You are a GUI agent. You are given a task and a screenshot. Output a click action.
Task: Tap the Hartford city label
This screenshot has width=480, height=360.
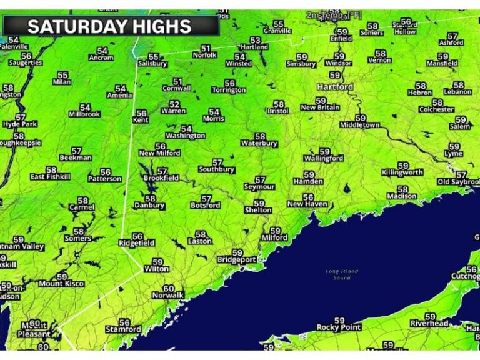pos(334,86)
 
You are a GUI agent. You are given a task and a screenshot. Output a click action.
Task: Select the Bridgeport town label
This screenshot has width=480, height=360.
pos(236,259)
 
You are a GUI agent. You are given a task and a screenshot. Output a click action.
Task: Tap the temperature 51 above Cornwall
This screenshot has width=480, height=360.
pos(178,81)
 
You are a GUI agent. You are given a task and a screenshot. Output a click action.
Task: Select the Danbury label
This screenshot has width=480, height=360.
pos(149,205)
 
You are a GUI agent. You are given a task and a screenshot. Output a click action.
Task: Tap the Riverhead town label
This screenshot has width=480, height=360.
pos(429,324)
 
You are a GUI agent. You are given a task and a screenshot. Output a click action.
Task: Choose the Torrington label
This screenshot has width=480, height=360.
pos(229,90)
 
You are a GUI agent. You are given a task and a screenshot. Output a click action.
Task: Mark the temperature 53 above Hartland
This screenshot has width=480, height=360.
pos(255,40)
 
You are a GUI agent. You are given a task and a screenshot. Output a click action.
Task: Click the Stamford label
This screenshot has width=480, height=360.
pos(123,329)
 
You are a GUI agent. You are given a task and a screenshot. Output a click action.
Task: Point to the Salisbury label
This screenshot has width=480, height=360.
pos(152,64)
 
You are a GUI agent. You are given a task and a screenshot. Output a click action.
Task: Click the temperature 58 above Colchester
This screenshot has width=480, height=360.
pos(437,102)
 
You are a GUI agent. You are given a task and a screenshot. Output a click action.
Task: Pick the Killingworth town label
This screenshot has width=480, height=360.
pos(403,172)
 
